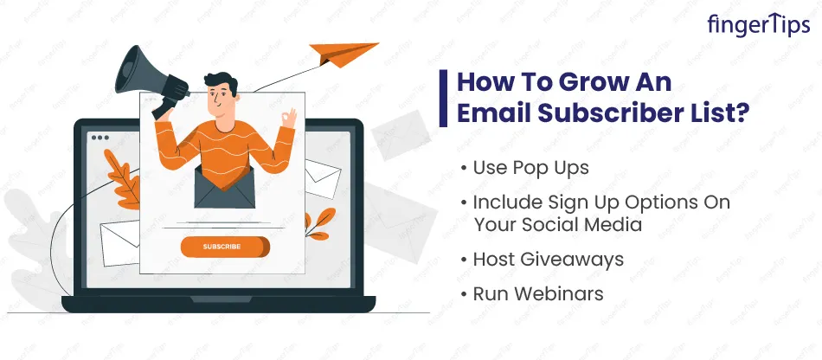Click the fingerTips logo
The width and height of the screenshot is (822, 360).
[758, 24]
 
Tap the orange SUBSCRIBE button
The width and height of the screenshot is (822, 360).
[226, 247]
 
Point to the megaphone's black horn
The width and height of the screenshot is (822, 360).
[138, 72]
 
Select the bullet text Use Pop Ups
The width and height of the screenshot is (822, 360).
[530, 168]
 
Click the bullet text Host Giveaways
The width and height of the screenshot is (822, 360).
[549, 260]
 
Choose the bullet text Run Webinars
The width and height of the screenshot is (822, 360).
[538, 293]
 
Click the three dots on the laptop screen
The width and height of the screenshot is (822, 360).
[100, 138]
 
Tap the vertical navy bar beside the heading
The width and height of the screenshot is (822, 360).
[444, 98]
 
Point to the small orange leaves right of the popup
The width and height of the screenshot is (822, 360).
[319, 224]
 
